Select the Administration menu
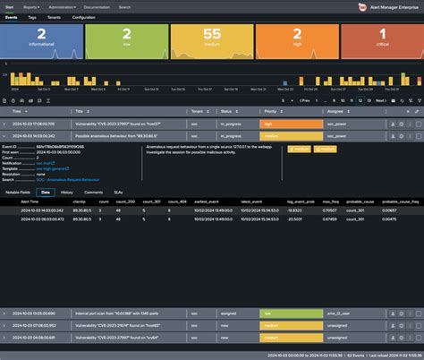coord(73,6)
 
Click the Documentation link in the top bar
coord(121,6)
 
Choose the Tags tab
coord(33,17)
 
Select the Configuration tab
coord(84,17)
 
